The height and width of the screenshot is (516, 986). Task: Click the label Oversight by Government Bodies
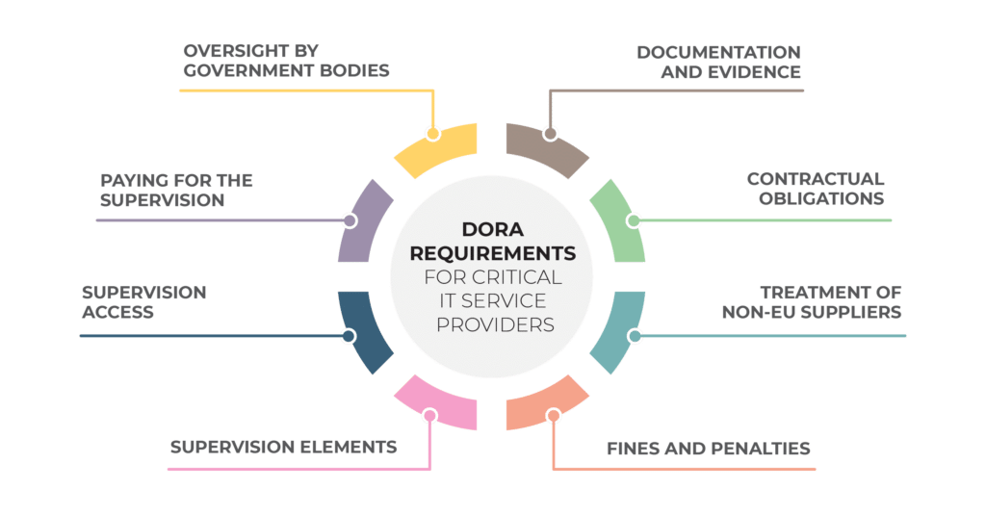pos(286,60)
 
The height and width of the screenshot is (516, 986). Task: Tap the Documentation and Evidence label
pos(718,60)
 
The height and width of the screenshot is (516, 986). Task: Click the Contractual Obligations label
pos(815,189)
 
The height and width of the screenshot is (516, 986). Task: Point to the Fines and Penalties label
pos(708,449)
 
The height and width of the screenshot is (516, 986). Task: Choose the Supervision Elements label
pos(284,447)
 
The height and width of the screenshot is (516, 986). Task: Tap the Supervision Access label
pos(143,301)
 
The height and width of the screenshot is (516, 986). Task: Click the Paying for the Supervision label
pos(175,190)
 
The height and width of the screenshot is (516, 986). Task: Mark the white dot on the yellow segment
pos(432,133)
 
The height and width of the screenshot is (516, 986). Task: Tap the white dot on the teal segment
pos(635,336)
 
